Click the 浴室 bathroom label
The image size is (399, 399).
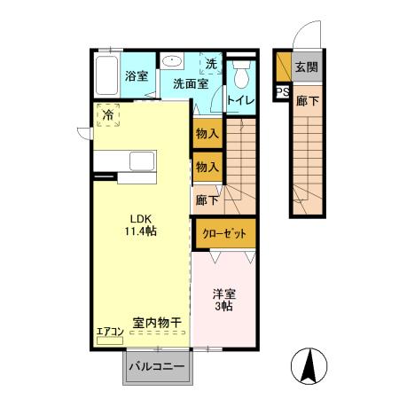(x=136, y=76)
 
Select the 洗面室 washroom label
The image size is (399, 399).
(x=190, y=84)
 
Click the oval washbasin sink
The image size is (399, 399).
(x=171, y=62)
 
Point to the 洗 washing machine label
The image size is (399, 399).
(x=211, y=64)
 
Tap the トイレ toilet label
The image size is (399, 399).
(x=241, y=100)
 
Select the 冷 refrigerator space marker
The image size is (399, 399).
(x=108, y=114)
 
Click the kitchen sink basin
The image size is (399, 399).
(x=143, y=161)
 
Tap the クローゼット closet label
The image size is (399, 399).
(x=225, y=233)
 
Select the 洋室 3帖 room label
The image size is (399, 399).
(x=223, y=299)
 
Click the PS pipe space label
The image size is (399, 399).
(x=282, y=92)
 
